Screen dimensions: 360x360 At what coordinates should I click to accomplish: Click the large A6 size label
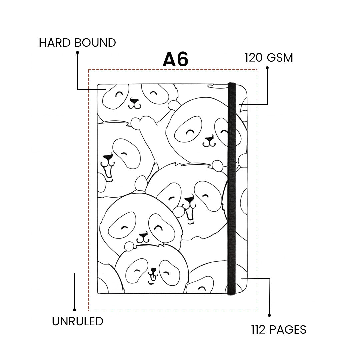coord(175,60)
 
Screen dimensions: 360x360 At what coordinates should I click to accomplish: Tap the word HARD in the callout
coord(54,43)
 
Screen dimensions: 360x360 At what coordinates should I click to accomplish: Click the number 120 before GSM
coord(254,58)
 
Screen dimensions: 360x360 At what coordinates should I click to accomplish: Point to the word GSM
coord(280,58)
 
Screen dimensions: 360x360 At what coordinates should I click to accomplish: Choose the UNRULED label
coord(77,321)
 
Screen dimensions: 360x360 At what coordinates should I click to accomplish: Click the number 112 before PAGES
coord(258,330)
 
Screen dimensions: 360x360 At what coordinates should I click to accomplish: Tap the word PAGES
coord(288,330)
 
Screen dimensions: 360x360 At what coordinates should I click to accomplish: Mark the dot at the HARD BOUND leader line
coord(77,52)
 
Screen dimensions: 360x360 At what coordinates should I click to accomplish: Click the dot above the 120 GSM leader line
coord(267,68)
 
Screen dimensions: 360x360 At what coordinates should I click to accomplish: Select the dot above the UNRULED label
coord(75,310)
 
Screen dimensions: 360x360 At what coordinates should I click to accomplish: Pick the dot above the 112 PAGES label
coord(269,315)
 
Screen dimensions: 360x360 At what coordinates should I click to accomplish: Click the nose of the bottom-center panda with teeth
coord(153,269)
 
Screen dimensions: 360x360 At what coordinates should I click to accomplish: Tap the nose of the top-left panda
coord(134,100)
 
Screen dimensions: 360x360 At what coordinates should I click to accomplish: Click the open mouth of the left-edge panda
coord(108,172)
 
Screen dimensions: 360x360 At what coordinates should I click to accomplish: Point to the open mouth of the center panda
coord(190,213)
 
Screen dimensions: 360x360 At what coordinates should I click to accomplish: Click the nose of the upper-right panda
coord(209,138)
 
